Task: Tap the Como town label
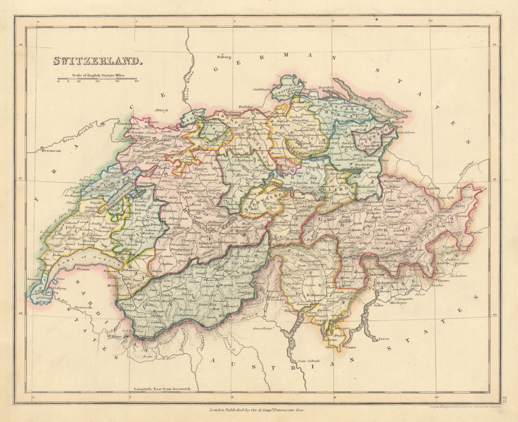pos(350,347)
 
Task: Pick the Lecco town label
pos(383,340)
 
